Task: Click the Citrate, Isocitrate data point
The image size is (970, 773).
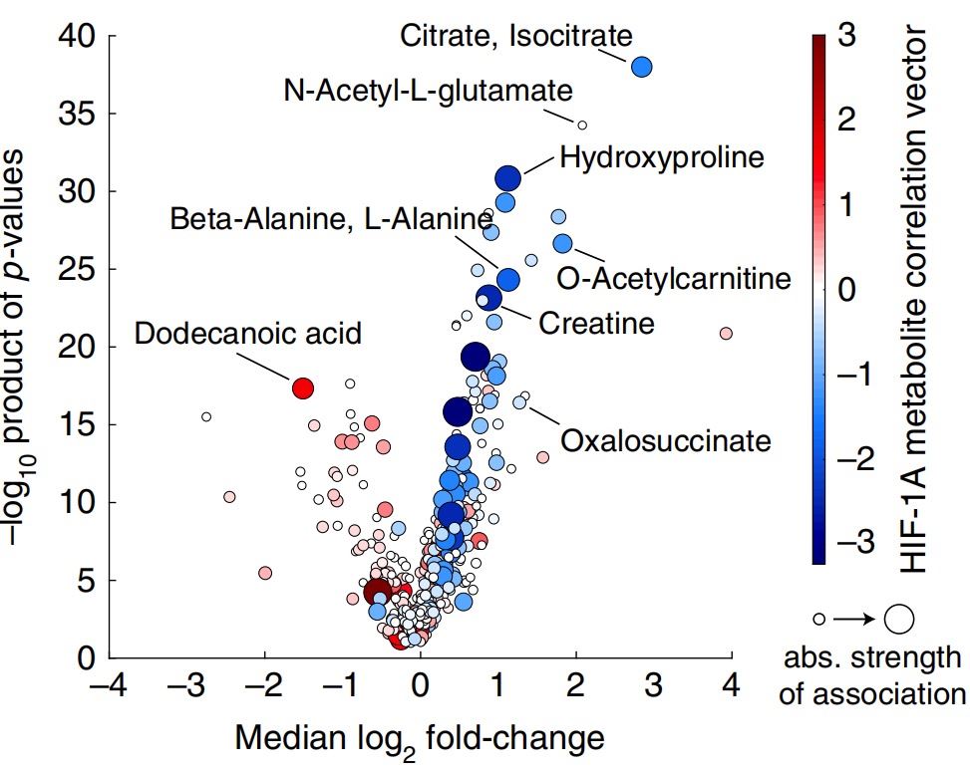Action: click(x=641, y=67)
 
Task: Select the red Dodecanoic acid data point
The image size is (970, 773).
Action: click(x=303, y=387)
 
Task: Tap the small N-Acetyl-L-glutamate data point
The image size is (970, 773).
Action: click(x=582, y=125)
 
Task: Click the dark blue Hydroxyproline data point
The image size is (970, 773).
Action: click(x=508, y=178)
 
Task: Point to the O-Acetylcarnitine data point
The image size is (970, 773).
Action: click(x=562, y=244)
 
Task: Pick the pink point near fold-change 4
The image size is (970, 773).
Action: click(x=726, y=333)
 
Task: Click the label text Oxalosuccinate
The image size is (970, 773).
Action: click(x=666, y=439)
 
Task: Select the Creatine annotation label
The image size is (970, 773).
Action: click(x=596, y=323)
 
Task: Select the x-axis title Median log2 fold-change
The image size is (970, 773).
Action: click(x=419, y=739)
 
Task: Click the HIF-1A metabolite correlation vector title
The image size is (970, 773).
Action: click(x=917, y=299)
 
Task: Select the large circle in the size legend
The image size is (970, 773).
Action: click(x=899, y=619)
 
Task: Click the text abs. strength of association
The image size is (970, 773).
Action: click(x=870, y=675)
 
